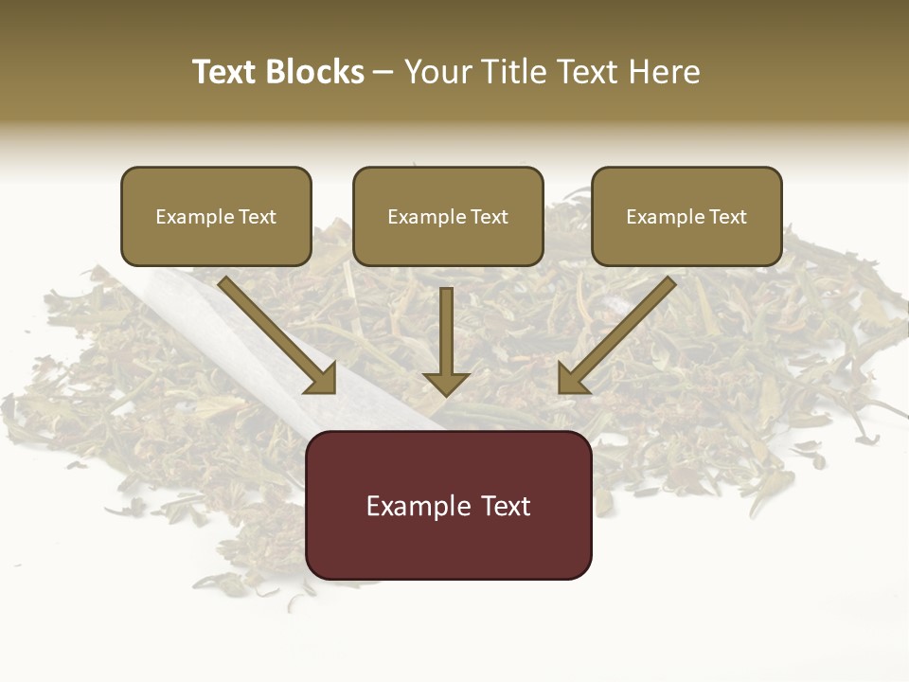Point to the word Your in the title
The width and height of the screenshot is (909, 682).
pos(438,72)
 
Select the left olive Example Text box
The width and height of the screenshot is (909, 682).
pos(216,217)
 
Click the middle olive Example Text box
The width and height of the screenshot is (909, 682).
pos(448,217)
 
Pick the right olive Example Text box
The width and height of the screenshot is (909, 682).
pos(686,217)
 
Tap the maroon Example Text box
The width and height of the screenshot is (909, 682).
pos(448,505)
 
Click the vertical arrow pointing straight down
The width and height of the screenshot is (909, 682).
pos(446,332)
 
